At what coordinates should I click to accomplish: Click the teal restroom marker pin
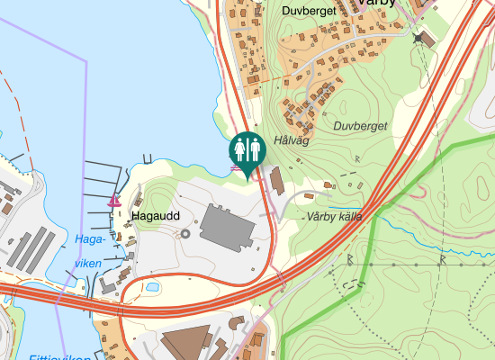click(247, 150)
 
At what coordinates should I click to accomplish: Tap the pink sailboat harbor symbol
click(114, 201)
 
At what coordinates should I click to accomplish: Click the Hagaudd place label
click(156, 217)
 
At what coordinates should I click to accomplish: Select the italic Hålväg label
click(292, 140)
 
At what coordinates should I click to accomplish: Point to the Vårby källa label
click(334, 217)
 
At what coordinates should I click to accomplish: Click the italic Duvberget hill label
click(359, 127)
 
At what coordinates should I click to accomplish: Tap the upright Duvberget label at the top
click(309, 12)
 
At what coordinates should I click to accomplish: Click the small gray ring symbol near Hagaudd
click(185, 233)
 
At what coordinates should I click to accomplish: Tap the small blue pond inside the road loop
click(152, 287)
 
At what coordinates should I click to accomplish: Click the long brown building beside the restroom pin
click(275, 181)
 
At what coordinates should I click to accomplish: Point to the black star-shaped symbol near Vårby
click(418, 38)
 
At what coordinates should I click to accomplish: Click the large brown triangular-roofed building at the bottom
click(184, 344)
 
